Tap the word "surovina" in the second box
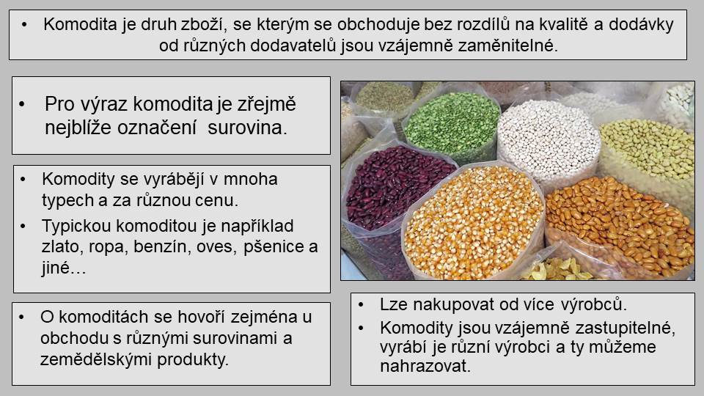[247, 128]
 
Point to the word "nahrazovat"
[425, 366]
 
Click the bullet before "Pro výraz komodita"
[22, 104]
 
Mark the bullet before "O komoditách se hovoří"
[21, 317]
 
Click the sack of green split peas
[451, 122]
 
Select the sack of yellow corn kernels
[473, 221]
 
